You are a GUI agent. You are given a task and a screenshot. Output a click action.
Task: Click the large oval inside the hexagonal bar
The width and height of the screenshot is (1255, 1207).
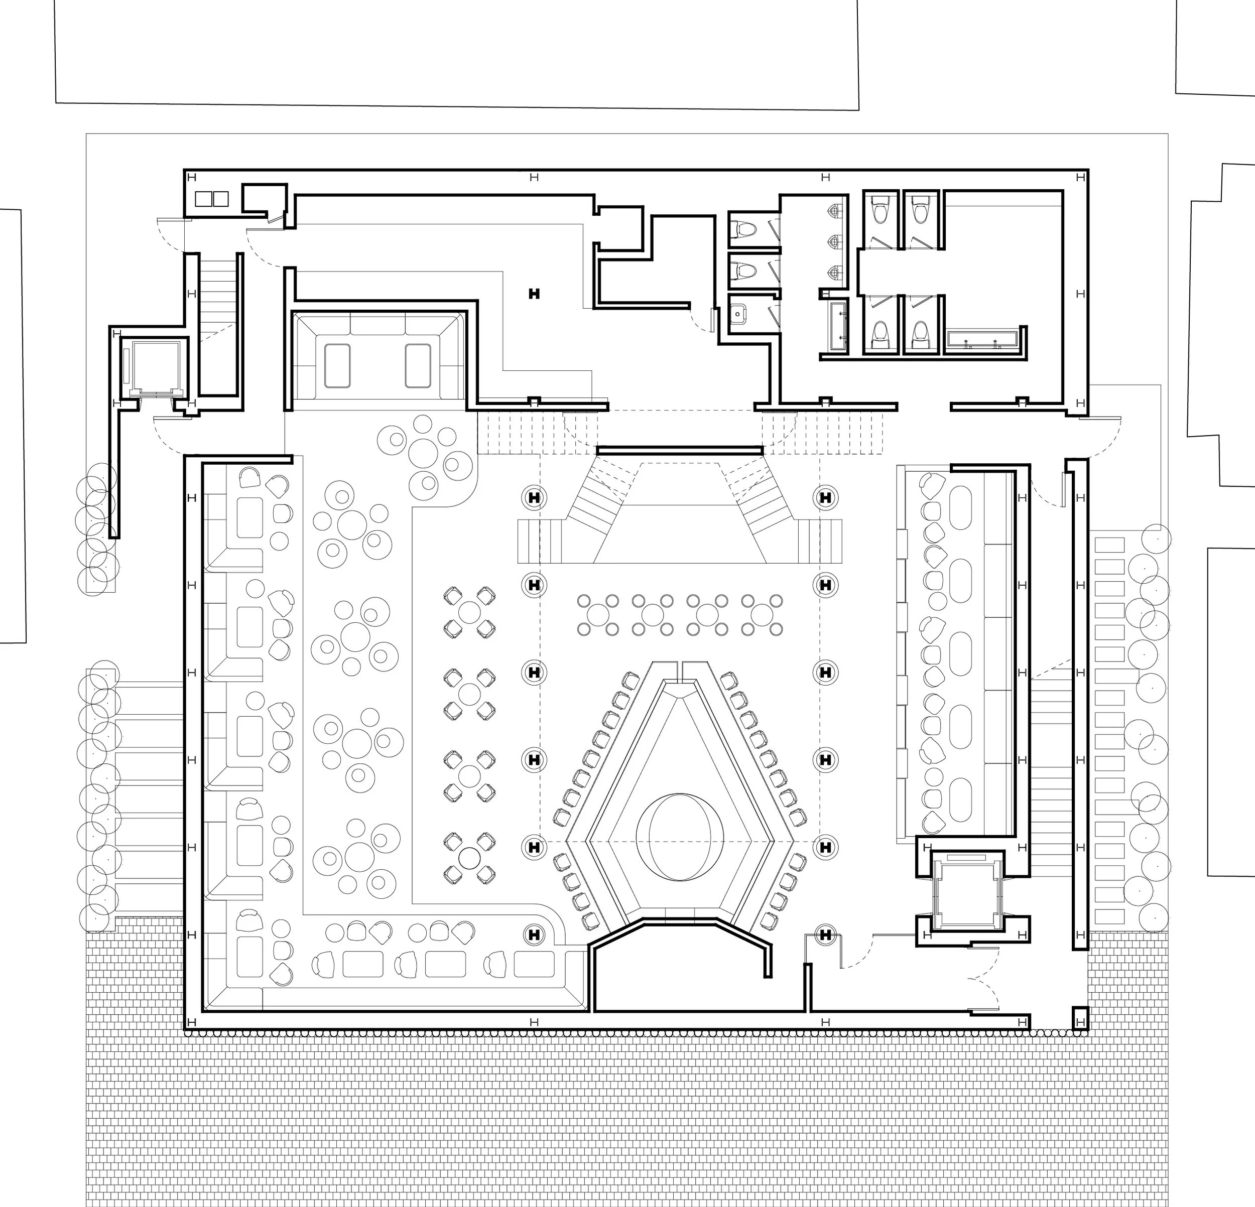[680, 837]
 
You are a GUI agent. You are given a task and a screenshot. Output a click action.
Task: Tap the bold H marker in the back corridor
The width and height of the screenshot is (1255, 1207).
[534, 294]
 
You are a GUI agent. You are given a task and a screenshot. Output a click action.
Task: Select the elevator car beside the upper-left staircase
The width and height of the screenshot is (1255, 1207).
[154, 367]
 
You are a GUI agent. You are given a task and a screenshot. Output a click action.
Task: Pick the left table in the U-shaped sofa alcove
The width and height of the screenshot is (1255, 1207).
[337, 365]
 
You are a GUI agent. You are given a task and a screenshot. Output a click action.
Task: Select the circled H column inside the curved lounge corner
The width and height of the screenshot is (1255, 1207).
[533, 935]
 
